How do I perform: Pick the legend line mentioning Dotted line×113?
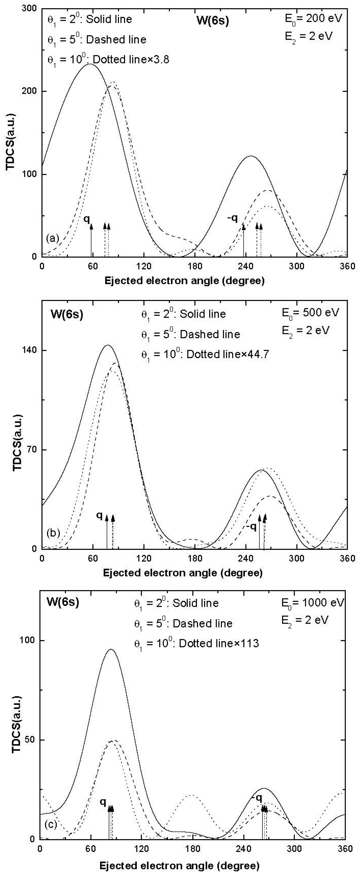click(196, 644)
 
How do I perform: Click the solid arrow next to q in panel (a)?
click(91, 240)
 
